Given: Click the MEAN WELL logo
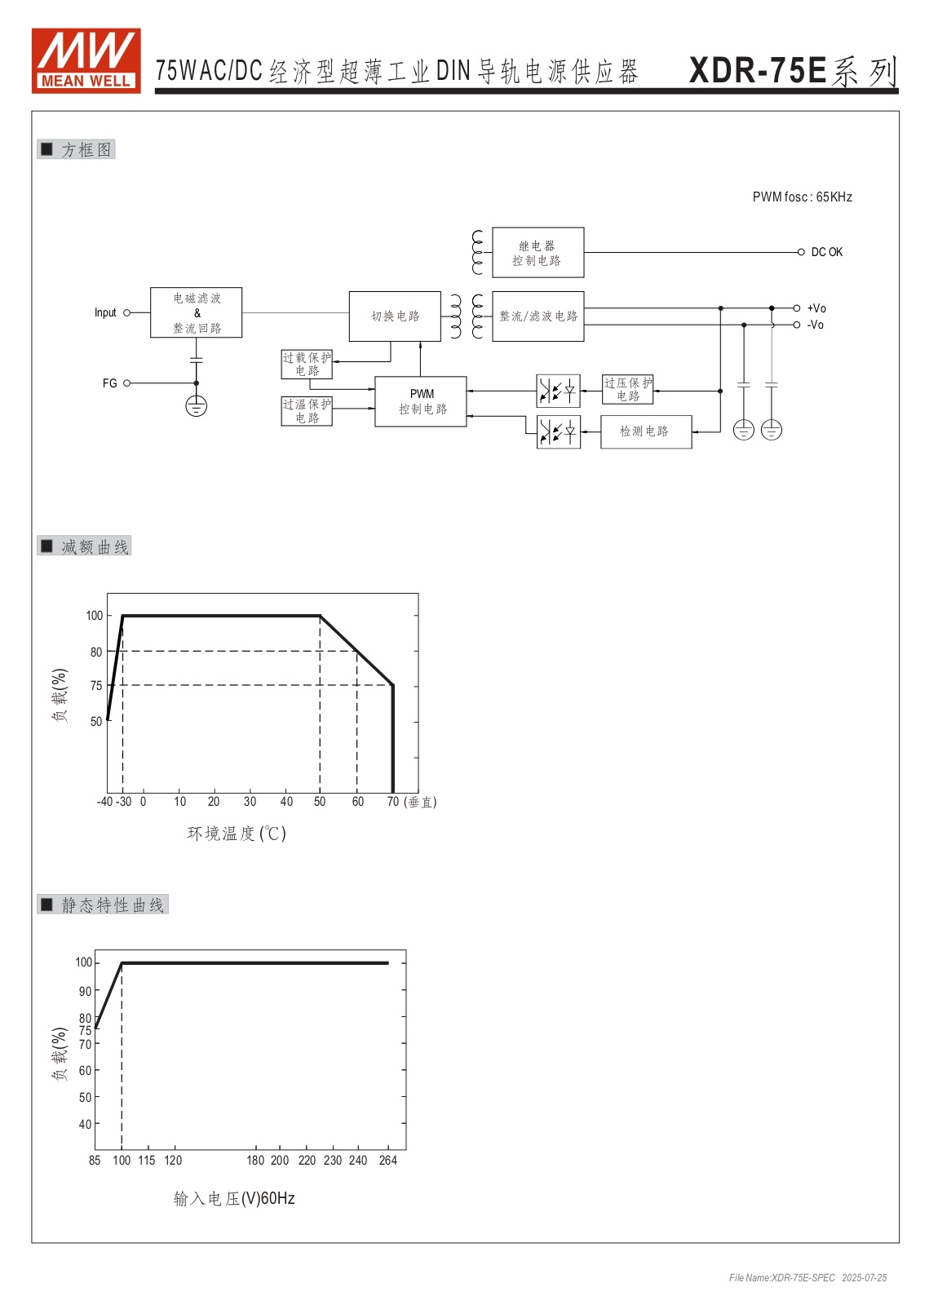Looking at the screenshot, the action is tap(86, 60).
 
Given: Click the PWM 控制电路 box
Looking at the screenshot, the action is tap(421, 401).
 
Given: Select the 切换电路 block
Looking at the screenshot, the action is tap(395, 316).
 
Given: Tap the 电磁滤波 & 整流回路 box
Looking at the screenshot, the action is tap(196, 312).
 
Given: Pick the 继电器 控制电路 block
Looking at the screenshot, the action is tap(538, 252).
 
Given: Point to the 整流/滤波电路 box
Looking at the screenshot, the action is tap(538, 316).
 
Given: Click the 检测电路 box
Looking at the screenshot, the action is tap(646, 431).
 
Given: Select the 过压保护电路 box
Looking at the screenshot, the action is tap(627, 389).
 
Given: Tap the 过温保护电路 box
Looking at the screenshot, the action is tap(307, 411).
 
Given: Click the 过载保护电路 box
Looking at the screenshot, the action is tap(307, 365).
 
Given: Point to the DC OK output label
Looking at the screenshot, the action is tap(827, 252).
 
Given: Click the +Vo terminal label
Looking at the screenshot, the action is tap(816, 308).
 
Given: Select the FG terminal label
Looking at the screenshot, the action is tap(109, 383).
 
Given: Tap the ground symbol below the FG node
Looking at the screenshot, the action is tap(196, 405).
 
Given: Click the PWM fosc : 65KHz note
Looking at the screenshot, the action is tap(802, 197).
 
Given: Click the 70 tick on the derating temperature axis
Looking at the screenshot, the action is tap(393, 801).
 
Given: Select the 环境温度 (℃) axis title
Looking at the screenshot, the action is tap(237, 834).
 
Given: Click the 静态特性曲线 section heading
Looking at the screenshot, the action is tap(113, 905).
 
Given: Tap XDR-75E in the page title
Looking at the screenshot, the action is tap(758, 71).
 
